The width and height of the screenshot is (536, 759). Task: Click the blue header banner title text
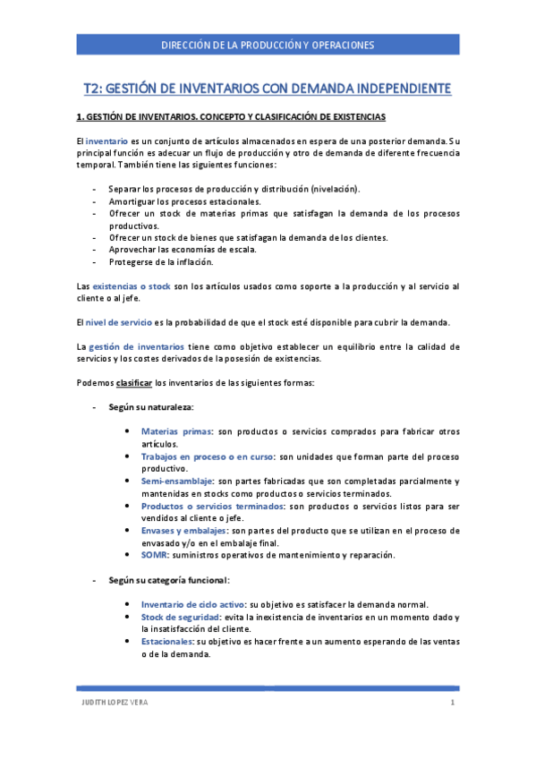268,45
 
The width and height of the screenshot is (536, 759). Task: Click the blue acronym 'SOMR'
156,555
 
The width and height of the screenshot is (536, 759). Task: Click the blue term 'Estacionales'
166,641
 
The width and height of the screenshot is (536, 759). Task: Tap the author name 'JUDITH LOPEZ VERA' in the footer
111,703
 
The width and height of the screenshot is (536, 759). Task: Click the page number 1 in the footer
453,703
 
